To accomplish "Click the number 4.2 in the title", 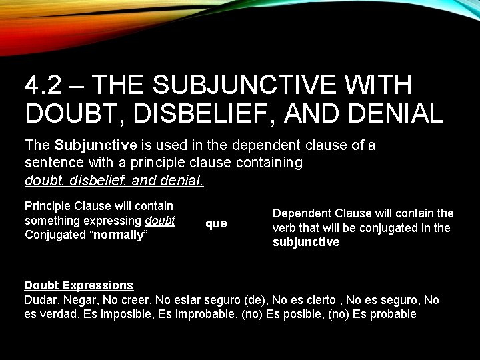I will [x=45, y=85].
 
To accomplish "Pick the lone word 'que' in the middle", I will [x=216, y=223].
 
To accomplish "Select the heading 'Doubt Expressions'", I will [x=79, y=285].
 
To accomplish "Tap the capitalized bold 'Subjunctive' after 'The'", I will [x=96, y=145].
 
